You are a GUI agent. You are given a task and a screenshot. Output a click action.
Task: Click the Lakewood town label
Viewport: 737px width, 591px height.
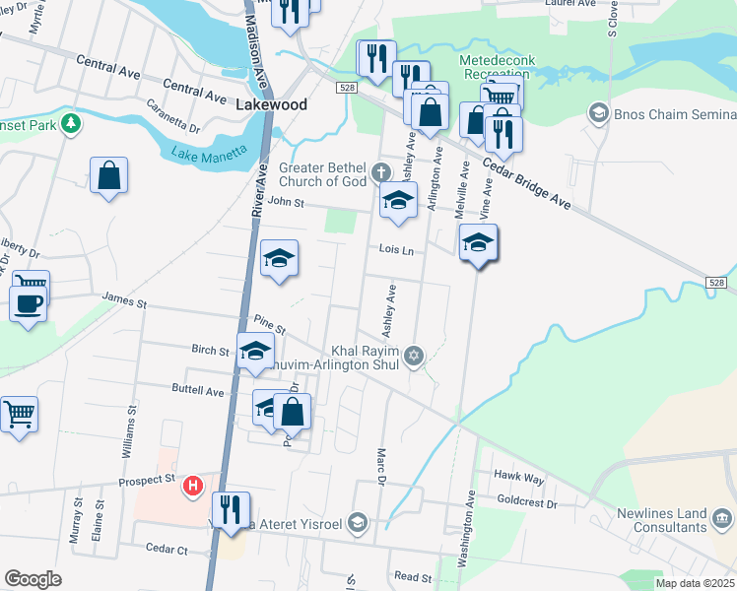coord(272,104)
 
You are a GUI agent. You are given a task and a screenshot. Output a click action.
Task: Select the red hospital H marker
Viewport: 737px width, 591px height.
coord(194,485)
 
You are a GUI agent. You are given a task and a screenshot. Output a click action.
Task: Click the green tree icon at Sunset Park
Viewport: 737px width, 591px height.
coord(71,124)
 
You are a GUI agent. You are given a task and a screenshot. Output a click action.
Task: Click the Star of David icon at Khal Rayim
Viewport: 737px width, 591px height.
coord(414,356)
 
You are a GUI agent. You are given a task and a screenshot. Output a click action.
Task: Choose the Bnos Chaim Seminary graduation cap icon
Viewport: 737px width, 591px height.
coord(597,113)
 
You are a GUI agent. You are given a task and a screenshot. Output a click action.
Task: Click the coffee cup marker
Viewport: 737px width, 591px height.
coord(28,302)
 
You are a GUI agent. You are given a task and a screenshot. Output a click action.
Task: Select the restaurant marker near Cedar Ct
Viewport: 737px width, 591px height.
coord(232,510)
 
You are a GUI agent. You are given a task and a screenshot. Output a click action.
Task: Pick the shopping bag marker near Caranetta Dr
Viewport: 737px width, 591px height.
coord(109,176)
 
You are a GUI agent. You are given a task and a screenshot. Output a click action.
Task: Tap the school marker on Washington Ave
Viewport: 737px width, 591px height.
coord(478,242)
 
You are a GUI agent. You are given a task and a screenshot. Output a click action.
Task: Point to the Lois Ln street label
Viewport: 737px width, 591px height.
coord(395,250)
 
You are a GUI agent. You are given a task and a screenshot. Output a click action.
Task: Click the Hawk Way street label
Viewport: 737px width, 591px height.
coord(519,478)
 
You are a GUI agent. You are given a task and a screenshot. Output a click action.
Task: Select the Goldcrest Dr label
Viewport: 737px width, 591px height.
coord(527,502)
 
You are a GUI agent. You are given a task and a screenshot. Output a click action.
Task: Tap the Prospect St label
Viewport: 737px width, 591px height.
coord(146,480)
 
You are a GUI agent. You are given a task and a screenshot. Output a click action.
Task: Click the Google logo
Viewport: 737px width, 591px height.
coord(33,579)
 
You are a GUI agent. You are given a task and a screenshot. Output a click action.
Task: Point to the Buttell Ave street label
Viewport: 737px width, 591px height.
coord(198,391)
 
